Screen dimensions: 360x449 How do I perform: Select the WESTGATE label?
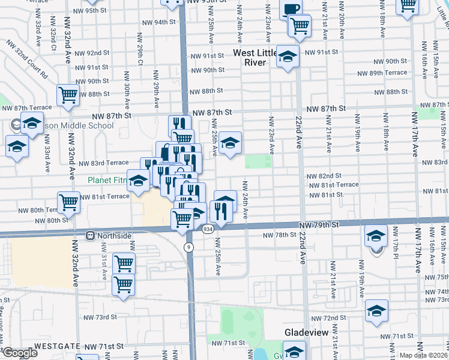(x=57, y=346)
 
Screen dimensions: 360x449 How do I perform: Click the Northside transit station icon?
(x=91, y=236)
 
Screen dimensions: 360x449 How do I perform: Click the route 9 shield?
(x=189, y=247)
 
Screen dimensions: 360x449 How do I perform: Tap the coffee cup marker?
(x=291, y=10)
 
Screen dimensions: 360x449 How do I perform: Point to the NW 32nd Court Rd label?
(x=28, y=61)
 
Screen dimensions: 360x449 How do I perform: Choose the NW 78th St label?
(x=282, y=235)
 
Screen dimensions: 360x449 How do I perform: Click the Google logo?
(x=20, y=353)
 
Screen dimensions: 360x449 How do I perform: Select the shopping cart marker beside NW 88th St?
(x=68, y=94)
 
